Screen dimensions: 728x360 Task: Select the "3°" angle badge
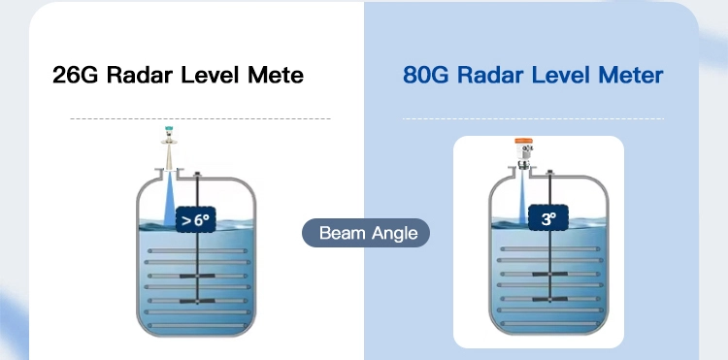[547, 220]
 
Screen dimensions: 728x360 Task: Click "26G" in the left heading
[75, 75]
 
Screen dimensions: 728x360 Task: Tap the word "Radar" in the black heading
[138, 75]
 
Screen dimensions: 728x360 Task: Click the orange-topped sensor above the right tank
[525, 148]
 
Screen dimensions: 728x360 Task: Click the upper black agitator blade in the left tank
[198, 278]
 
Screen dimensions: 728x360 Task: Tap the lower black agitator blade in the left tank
[198, 300]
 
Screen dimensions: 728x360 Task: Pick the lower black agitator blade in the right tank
[551, 300]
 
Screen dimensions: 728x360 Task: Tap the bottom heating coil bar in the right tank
[551, 311]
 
